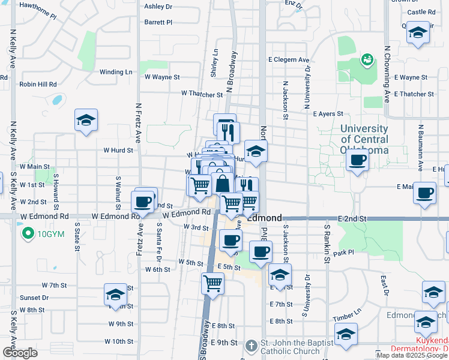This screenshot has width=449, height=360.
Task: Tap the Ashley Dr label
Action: pos(158,7)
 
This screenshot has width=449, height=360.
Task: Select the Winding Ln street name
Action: pos(116,72)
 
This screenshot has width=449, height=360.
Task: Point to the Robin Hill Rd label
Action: pos(37,85)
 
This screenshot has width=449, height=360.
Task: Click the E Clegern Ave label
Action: pos(289,60)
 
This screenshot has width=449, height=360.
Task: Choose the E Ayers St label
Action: pos(328,113)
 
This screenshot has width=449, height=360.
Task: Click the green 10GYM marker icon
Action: pos(27,233)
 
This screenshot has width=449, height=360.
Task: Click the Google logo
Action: pos(20,353)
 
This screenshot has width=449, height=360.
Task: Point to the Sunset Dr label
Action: pos(34,297)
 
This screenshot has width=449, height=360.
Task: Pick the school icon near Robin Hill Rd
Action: pos(86,120)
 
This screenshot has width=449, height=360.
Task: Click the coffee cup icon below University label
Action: pos(358,160)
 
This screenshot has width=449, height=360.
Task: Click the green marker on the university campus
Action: pos(366,59)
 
